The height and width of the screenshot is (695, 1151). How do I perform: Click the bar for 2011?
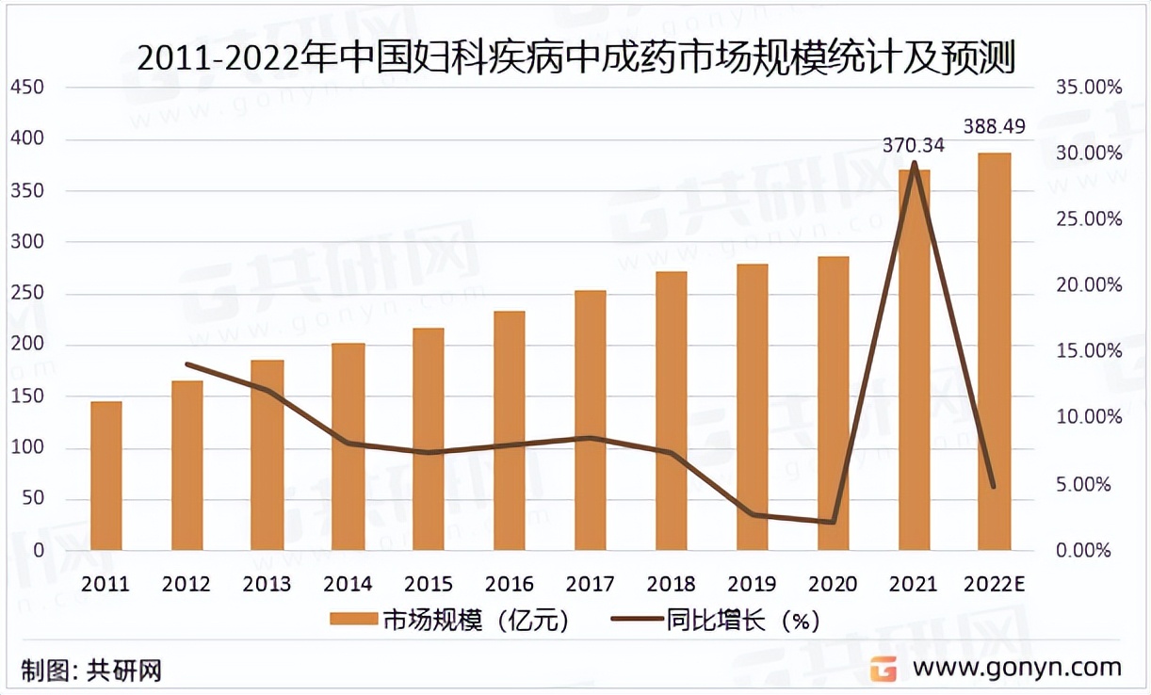tap(106, 476)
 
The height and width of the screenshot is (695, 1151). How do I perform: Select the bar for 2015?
tap(429, 439)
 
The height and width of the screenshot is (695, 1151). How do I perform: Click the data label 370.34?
tap(913, 145)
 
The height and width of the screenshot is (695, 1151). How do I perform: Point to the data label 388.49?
tap(993, 125)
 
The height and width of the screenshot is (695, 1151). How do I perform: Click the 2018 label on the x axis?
tap(670, 585)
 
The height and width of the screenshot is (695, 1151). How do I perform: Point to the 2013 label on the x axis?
tap(267, 585)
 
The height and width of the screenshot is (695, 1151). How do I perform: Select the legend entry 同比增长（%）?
tap(716, 621)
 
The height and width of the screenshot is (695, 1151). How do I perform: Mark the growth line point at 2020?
tap(833, 522)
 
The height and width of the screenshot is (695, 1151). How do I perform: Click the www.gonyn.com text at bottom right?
tap(1017, 668)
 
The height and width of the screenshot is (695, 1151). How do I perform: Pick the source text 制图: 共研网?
tap(90, 671)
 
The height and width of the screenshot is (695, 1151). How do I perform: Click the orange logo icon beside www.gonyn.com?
tap(883, 668)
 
